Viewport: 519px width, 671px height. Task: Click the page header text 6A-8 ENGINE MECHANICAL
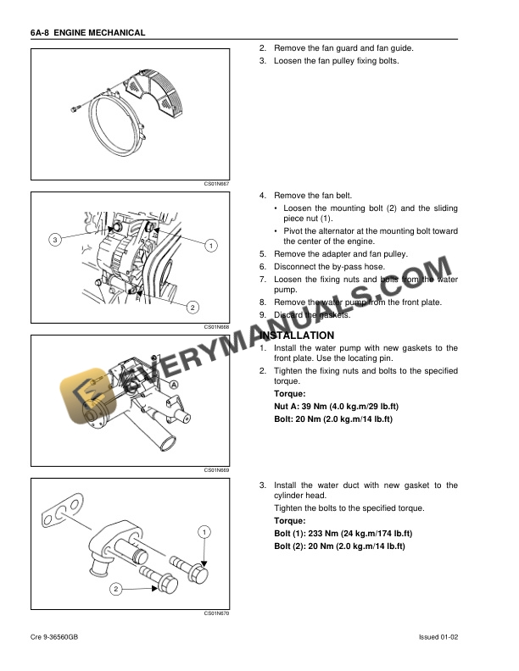click(x=88, y=33)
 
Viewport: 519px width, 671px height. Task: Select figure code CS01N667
click(x=216, y=183)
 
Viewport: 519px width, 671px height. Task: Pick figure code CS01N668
click(x=216, y=326)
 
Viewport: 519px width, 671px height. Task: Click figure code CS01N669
click(x=216, y=469)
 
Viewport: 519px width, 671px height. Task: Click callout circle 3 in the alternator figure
click(x=54, y=240)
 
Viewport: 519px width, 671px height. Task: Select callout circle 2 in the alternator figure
click(x=193, y=307)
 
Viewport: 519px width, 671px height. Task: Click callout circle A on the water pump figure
click(x=174, y=384)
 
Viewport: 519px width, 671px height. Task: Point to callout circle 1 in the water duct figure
click(x=204, y=531)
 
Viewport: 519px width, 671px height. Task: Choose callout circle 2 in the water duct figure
click(x=114, y=588)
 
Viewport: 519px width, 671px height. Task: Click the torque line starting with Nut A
click(x=335, y=407)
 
